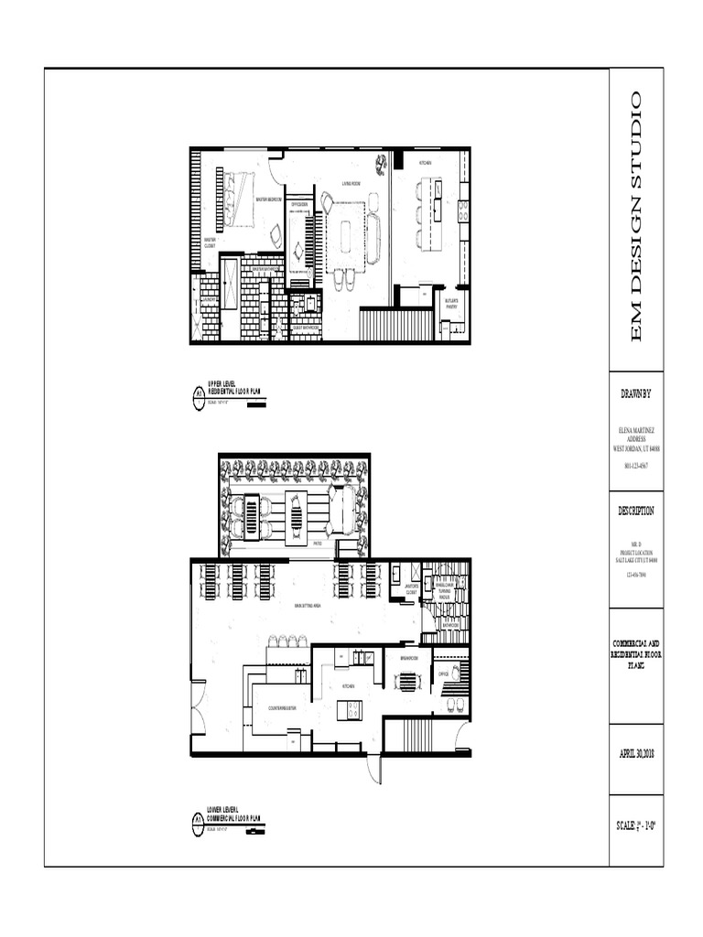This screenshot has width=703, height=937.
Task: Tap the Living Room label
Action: pos(351,183)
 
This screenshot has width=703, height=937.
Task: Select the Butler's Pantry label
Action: pos(450,304)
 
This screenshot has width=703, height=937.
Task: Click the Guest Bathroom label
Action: pos(305,327)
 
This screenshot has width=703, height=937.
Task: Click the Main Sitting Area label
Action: pos(306,606)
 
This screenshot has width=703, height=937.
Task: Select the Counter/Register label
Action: pos(281,707)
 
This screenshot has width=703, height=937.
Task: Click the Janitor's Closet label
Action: pos(411,588)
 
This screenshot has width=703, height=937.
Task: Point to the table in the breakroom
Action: pos(406,680)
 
